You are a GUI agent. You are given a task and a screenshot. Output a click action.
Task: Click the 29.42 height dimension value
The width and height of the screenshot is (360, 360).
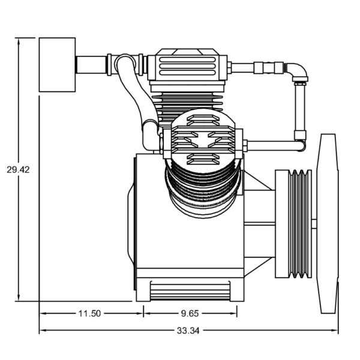coord(18,170)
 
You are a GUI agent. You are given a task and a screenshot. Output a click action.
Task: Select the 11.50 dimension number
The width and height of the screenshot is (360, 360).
coord(89,313)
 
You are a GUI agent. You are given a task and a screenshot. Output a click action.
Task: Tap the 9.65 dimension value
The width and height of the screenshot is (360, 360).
coord(190,313)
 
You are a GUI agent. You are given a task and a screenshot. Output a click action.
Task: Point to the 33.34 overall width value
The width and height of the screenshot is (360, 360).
coord(188,331)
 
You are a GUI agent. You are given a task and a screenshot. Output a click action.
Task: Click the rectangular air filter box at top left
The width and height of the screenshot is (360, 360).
coord(57,65)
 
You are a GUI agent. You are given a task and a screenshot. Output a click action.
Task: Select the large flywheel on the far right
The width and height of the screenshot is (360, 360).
coord(328,224)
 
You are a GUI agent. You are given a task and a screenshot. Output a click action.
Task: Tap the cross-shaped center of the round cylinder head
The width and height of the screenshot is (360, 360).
coord(203,140)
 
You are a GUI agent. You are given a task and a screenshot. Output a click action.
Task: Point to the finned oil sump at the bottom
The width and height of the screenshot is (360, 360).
coord(190,290)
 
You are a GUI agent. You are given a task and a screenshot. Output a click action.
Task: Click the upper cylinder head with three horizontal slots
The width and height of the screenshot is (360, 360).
coord(187,66)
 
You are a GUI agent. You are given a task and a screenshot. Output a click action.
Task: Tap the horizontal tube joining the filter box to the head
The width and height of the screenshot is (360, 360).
coord(91,65)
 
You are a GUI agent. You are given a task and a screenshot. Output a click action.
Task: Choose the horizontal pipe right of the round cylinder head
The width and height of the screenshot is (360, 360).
coord(274,146)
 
